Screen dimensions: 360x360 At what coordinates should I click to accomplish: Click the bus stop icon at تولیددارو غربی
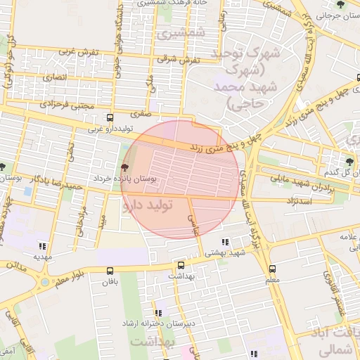coord(109,118)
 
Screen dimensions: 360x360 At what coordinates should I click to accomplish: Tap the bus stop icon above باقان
coord(110,271)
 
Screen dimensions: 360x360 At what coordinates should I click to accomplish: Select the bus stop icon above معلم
coord(272,269)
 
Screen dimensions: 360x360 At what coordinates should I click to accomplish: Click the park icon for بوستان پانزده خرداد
coord(125,167)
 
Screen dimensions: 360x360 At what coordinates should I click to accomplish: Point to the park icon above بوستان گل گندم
coord(349,160)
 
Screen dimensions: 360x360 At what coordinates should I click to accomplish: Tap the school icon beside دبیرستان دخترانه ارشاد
coord(159,312)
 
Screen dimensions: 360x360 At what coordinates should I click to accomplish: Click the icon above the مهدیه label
coord(43,246)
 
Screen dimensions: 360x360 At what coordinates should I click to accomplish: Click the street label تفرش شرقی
coord(180,60)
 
